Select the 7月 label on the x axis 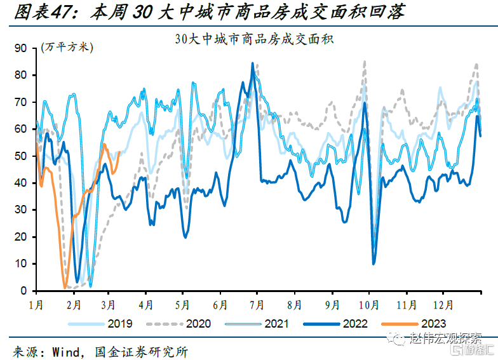pos(257,304)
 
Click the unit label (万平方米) pos(67,48)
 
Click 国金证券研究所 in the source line pos(140,350)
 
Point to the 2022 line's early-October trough pos(374,263)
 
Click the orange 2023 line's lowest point pos(65,287)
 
